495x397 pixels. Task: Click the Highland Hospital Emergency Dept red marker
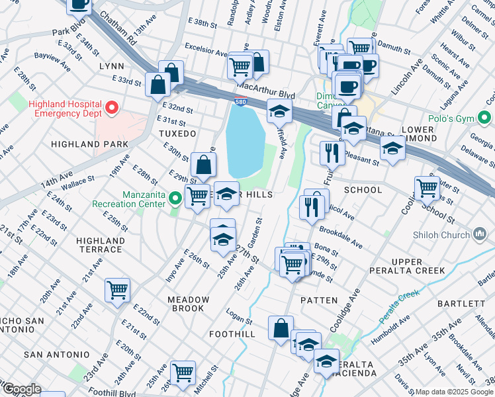tap(112, 107)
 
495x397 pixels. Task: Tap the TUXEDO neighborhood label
tap(177, 134)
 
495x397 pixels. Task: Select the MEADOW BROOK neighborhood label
tap(188, 304)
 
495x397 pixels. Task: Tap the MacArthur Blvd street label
tap(265, 87)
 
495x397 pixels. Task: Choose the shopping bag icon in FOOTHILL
tap(281, 327)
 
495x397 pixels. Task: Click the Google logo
tap(21, 389)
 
